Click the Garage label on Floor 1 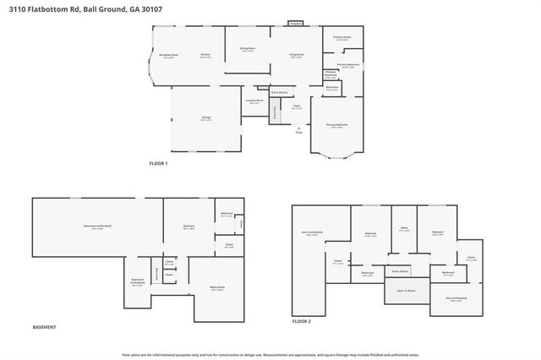click(x=205, y=117)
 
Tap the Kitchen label click(x=205, y=56)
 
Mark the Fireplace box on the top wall click(x=296, y=24)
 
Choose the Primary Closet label click(x=342, y=38)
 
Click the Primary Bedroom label click(x=336, y=124)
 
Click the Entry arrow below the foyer click(x=298, y=128)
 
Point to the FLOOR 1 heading click(x=159, y=162)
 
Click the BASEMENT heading click(x=44, y=327)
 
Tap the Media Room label click(x=216, y=286)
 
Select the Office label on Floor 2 click(x=405, y=229)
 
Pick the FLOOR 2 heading click(x=302, y=322)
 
